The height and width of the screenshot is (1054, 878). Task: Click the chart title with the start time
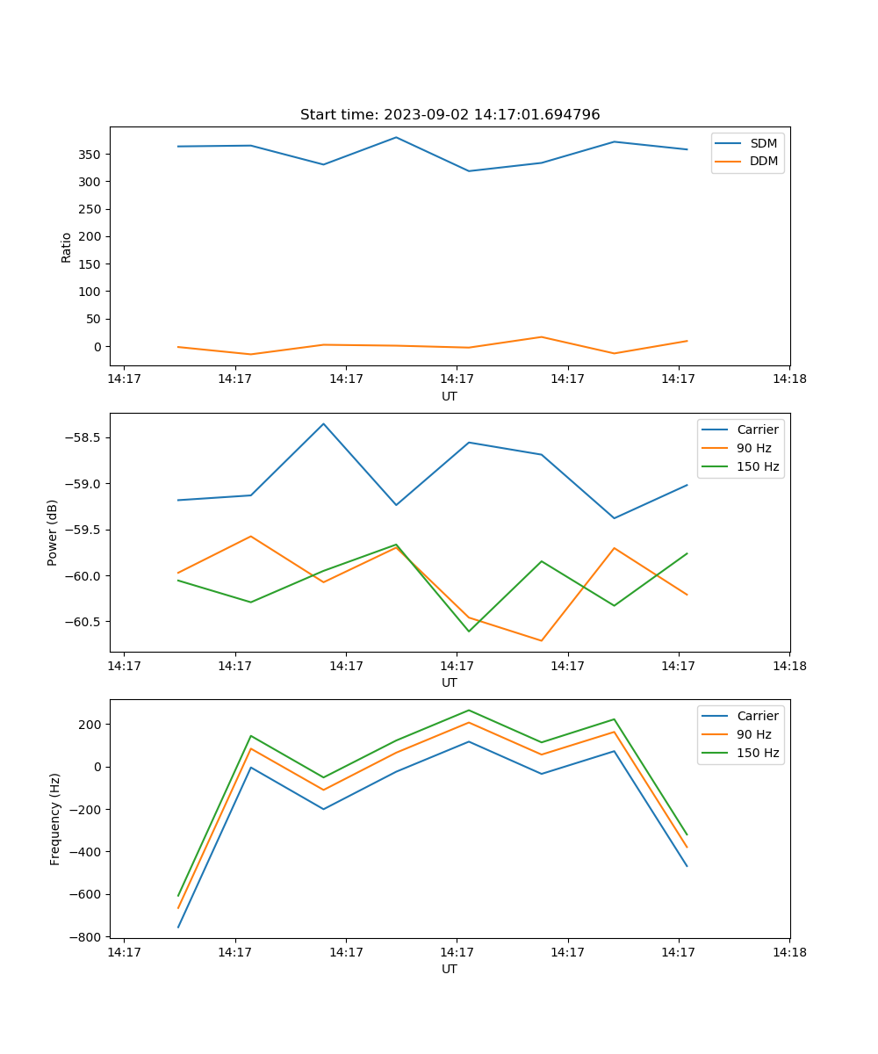click(450, 115)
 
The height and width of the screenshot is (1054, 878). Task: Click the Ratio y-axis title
click(67, 246)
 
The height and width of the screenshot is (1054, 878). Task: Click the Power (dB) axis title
click(53, 532)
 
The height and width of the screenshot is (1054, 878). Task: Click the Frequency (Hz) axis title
click(55, 819)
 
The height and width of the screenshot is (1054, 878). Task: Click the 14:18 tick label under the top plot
click(789, 379)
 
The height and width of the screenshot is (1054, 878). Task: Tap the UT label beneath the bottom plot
click(450, 969)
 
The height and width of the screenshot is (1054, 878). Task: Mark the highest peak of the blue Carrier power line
click(323, 423)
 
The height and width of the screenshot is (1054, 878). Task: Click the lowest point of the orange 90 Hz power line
click(541, 640)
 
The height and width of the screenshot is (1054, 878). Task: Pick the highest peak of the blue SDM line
click(396, 137)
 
